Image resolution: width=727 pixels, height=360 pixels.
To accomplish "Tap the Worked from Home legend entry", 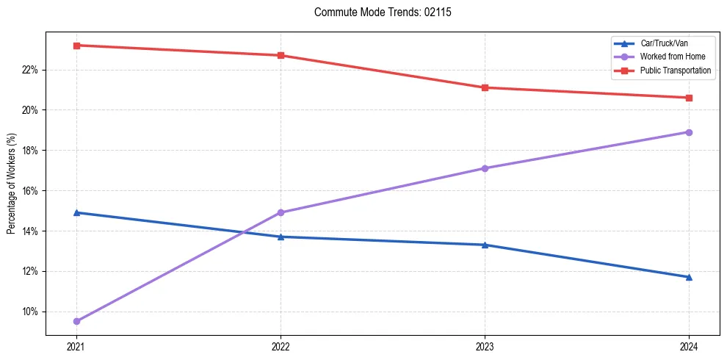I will [673, 57].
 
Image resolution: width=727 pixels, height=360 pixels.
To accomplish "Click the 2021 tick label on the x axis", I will [76, 345].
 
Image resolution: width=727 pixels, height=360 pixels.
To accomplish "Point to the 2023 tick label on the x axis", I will [485, 345].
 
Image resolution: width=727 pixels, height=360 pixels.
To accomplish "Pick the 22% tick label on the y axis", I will [30, 70].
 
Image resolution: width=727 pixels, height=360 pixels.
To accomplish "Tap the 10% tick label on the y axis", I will [30, 312].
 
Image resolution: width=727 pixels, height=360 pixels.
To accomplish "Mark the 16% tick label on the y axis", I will [30, 191].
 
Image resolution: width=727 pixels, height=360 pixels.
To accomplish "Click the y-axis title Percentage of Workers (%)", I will [11, 183].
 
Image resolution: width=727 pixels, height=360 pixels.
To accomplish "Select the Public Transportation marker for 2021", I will [76, 46].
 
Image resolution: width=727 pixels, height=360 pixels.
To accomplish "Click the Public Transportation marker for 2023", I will [485, 87].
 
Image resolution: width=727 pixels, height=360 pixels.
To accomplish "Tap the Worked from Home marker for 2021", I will [76, 321].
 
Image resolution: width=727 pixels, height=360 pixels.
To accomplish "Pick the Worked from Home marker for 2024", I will [689, 132].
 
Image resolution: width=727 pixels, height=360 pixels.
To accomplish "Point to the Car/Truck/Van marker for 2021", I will [76, 212].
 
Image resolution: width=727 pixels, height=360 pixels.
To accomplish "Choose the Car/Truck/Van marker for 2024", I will [689, 277].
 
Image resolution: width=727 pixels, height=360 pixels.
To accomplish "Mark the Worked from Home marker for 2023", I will [485, 168].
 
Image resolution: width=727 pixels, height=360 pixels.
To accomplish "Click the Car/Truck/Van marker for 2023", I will [485, 245].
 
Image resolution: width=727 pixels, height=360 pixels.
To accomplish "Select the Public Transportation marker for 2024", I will [689, 98].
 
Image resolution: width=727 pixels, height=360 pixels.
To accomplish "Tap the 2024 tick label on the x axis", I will [689, 345].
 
